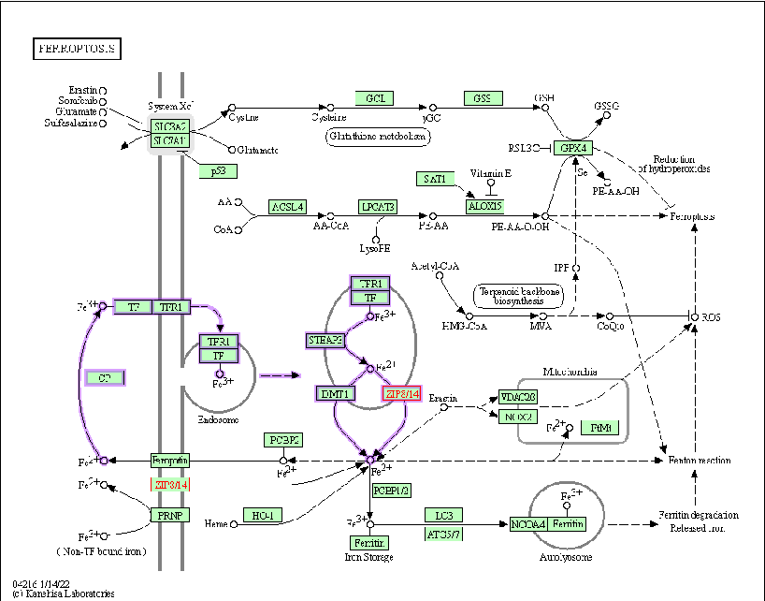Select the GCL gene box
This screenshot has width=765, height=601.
374,98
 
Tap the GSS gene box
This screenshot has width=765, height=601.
482,98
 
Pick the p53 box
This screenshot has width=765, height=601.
218,170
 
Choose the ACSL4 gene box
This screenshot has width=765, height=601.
287,206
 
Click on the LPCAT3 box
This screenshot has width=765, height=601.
378,206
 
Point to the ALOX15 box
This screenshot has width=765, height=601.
484,206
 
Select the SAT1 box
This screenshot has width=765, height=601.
435,178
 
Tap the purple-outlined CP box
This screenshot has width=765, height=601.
105,377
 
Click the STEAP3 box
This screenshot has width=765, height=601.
325,340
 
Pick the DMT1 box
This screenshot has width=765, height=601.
336,394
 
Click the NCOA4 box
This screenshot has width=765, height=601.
528,524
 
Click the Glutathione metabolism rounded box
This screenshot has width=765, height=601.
378,137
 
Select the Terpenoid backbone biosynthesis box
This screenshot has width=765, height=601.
520,295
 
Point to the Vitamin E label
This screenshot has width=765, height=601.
491,174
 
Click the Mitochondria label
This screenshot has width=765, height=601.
571,372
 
